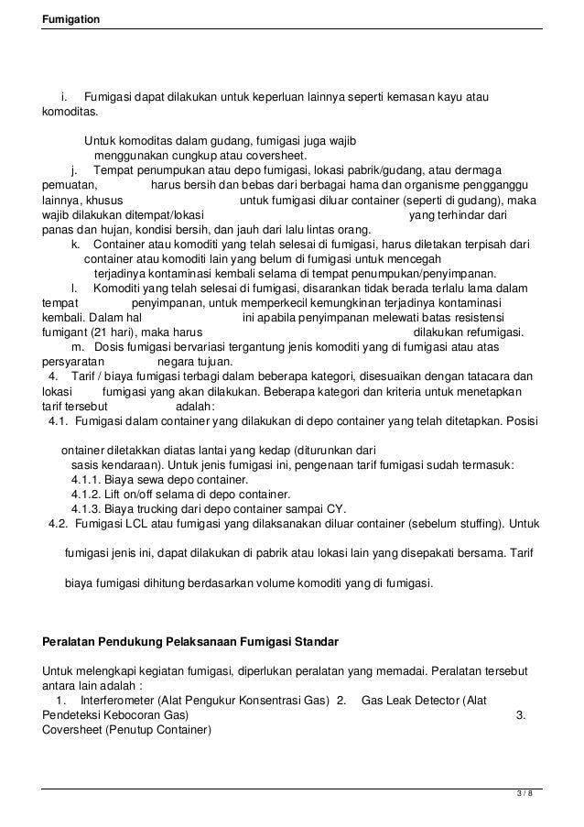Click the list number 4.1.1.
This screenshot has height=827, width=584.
86,478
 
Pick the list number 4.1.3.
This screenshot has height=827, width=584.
86,507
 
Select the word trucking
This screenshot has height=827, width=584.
182,507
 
